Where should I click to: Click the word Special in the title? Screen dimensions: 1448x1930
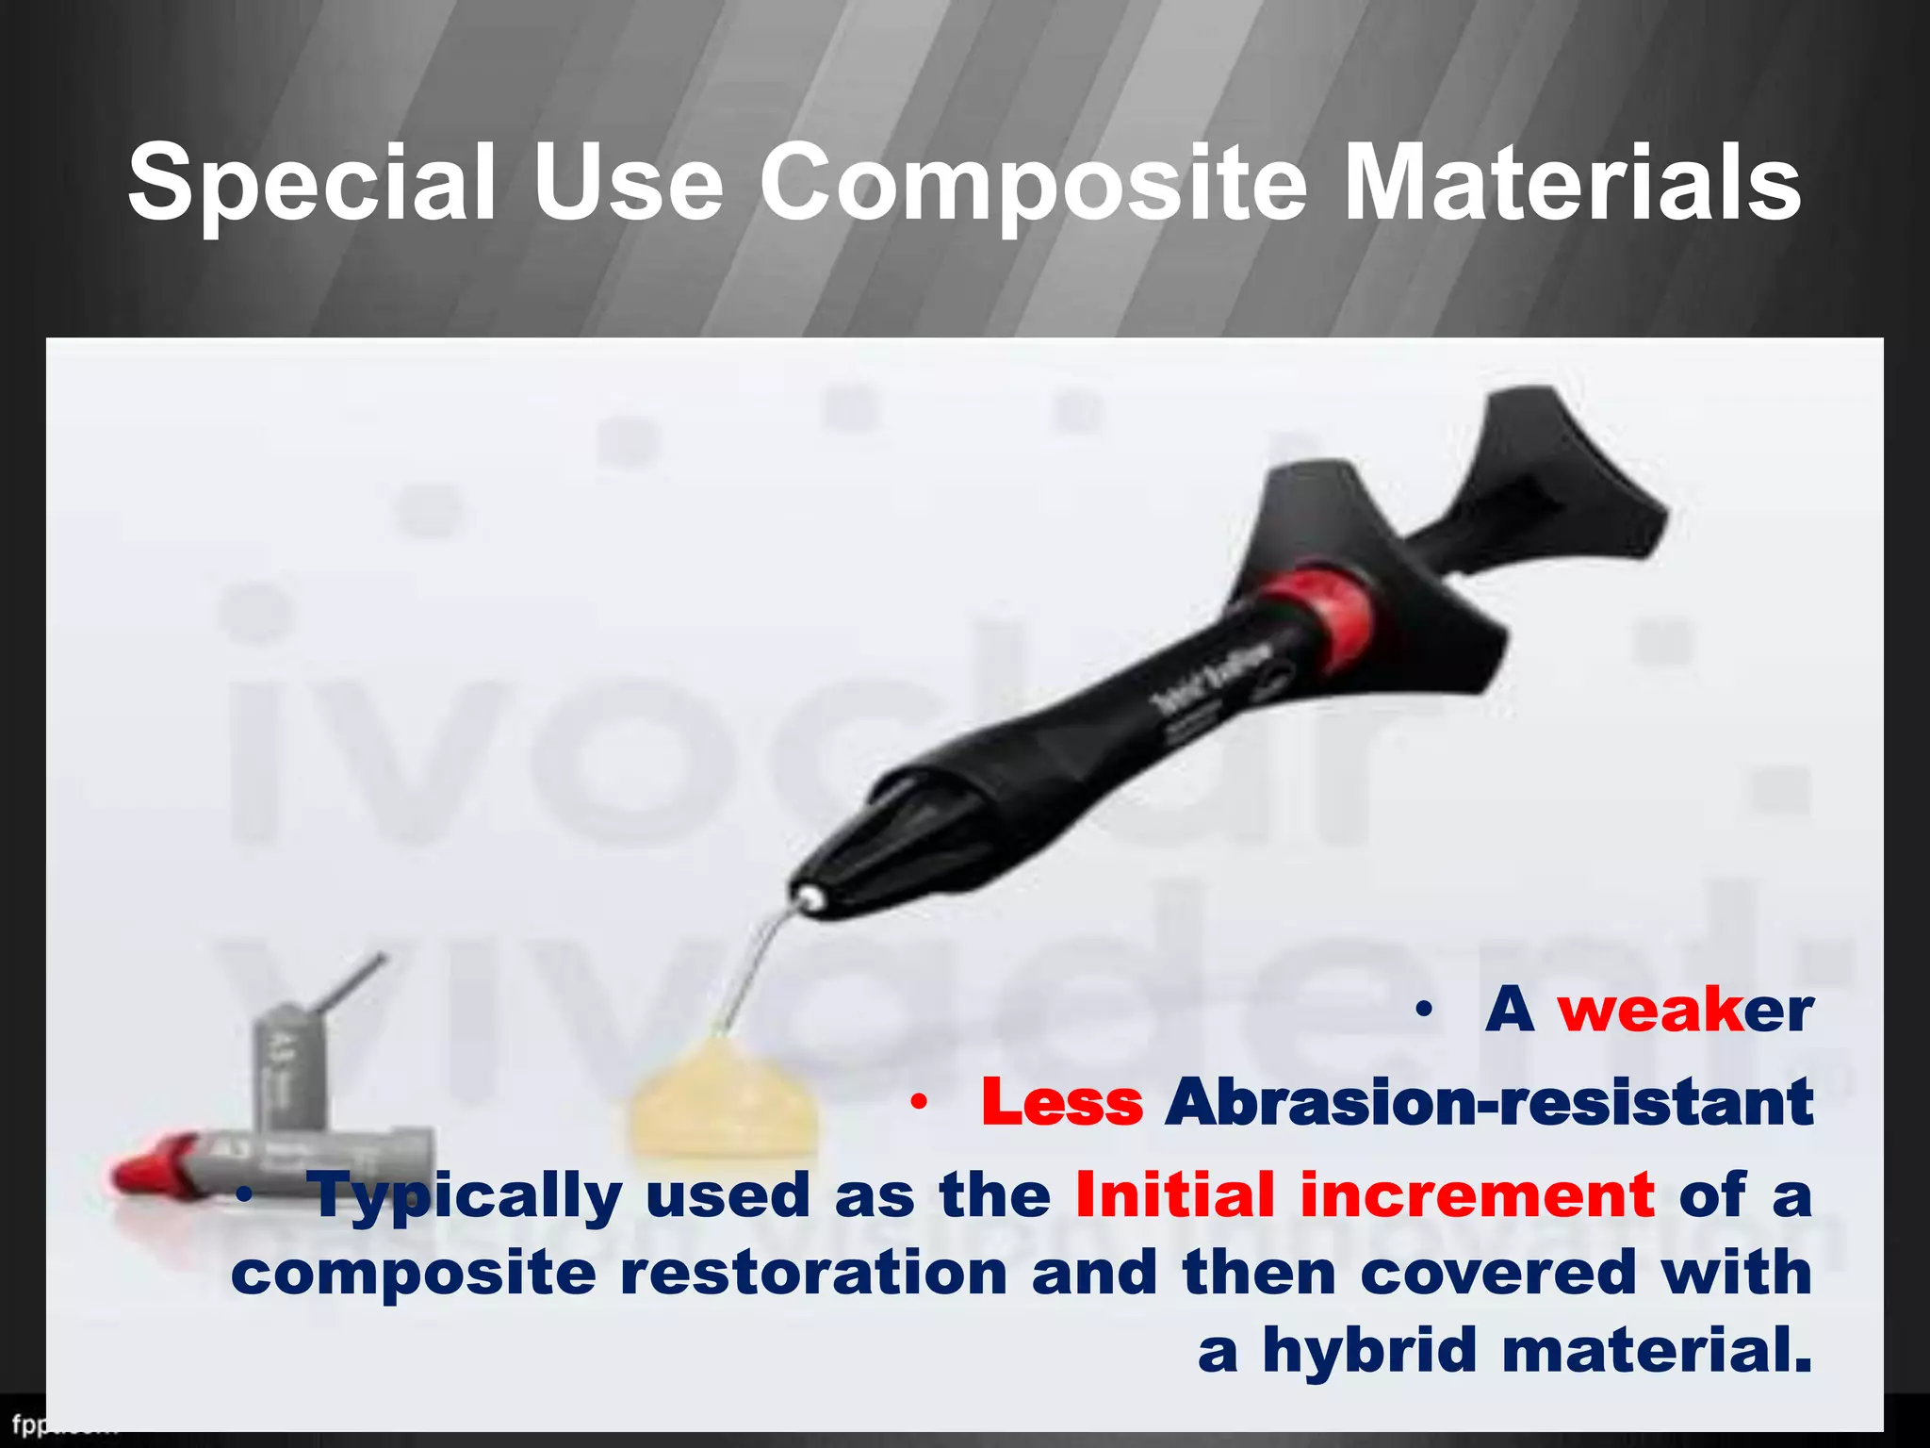[x=311, y=182]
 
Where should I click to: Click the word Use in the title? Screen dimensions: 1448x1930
[x=628, y=182]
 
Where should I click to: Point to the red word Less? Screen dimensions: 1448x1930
[x=1062, y=1101]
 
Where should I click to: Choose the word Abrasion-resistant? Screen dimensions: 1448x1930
[x=1488, y=1101]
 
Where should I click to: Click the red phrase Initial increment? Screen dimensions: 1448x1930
[x=1364, y=1195]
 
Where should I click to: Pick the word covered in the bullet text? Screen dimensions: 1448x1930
[x=1498, y=1273]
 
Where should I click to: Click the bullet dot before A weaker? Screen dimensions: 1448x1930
[x=1424, y=1012]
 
